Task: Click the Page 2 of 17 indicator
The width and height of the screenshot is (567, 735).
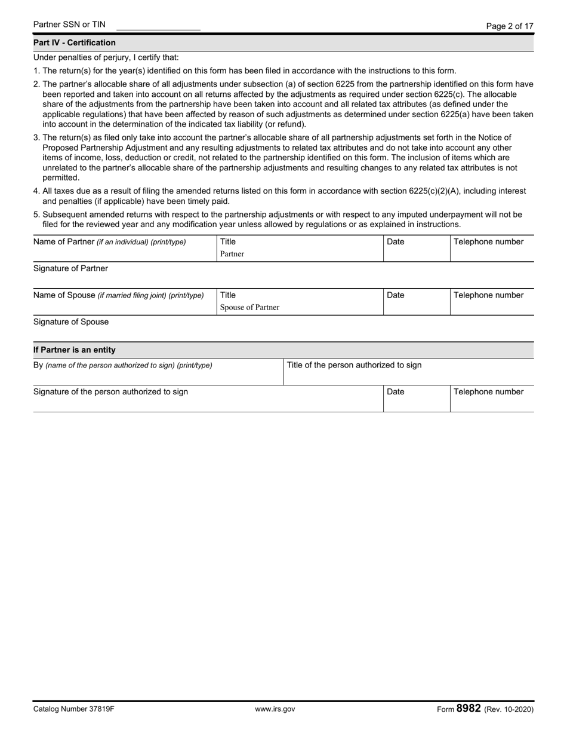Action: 510,26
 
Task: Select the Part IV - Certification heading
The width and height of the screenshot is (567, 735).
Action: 75,43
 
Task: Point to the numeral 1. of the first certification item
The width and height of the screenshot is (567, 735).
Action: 36,71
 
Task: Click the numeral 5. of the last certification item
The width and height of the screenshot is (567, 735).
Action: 36,215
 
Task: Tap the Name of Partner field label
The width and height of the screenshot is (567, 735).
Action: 109,242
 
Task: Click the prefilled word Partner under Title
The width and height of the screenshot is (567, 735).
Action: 232,254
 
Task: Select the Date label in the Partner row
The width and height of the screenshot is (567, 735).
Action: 396,242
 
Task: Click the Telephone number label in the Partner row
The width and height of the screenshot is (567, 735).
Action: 488,242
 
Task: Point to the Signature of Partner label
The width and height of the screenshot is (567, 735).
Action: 70,269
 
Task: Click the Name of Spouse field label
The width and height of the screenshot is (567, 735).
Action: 118,295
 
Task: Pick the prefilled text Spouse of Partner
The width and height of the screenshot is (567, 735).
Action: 249,308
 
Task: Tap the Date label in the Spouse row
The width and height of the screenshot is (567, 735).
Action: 396,295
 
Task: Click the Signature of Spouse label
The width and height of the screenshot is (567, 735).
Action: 71,322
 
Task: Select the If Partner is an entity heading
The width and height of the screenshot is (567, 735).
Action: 75,350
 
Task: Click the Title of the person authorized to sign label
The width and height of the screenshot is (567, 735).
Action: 354,365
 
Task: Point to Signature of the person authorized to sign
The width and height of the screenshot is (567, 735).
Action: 110,392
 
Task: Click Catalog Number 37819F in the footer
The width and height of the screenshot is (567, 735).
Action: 73,710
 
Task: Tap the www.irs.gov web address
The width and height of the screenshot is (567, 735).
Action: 275,710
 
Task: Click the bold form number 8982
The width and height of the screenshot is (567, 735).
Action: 469,709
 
